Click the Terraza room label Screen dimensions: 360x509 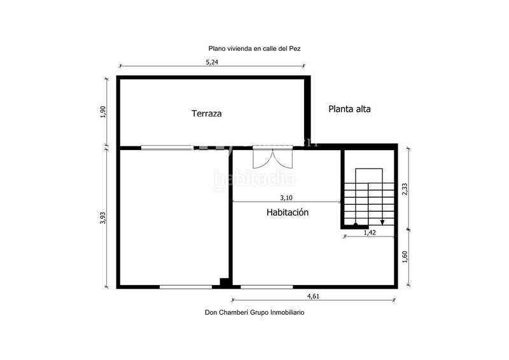pos(207,114)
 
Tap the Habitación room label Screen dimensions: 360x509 pos(287,212)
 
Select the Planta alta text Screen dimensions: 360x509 pos(349,109)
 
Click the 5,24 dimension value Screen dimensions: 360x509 pos(213,62)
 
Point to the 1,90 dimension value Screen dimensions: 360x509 pos(103,112)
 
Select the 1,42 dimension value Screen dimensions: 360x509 pos(370,233)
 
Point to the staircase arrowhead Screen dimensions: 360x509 pos(382,222)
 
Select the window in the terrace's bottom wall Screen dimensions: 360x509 pos(167,148)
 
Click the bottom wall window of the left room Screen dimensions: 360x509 pos(185,287)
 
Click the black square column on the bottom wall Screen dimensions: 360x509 pos(223,282)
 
